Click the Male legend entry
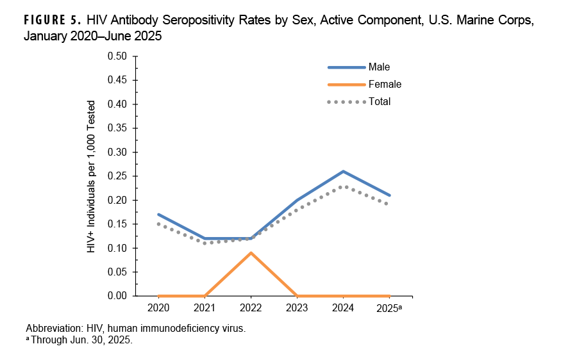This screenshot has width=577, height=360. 379,67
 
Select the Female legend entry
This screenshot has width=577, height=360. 385,84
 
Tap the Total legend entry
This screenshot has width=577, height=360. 379,101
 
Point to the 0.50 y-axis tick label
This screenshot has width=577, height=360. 117,56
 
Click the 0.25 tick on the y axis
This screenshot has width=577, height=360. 117,176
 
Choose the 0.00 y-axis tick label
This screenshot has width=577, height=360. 117,296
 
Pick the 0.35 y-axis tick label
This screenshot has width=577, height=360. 117,128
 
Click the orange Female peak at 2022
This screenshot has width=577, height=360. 251,252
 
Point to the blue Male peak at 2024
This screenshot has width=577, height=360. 343,171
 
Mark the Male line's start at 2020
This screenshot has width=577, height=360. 158,215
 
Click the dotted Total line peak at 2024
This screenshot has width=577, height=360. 343,186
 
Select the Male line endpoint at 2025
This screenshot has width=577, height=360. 389,195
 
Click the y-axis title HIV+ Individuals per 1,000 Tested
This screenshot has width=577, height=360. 92,176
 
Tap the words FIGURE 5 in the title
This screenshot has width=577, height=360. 51,19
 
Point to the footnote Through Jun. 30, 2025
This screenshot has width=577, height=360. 81,340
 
